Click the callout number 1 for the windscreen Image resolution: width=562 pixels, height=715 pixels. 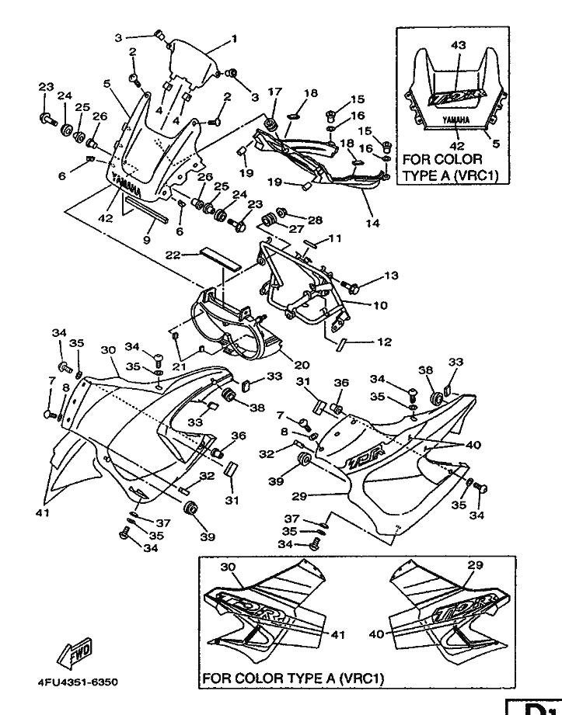point(234,38)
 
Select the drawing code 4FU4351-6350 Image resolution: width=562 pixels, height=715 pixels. point(77,683)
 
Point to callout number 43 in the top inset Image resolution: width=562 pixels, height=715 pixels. point(458,46)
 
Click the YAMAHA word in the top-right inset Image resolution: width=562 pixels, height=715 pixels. point(456,121)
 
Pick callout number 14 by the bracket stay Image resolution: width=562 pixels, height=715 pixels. point(373,224)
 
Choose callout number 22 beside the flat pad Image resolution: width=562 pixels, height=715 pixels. point(174,255)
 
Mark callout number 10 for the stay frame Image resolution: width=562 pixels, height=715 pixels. point(380,305)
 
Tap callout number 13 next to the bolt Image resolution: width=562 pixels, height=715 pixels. point(390,276)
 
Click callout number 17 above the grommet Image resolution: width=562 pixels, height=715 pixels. point(274,92)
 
